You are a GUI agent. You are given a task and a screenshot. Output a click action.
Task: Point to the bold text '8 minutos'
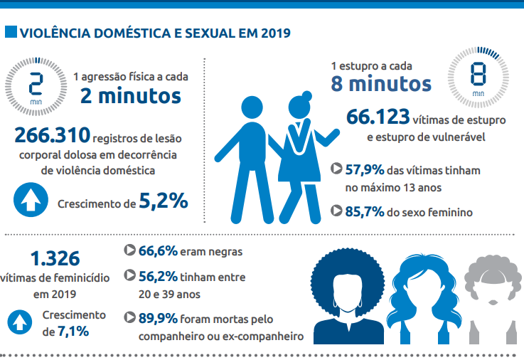pos(381,83)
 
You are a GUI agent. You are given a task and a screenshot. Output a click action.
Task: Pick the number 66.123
pos(378,117)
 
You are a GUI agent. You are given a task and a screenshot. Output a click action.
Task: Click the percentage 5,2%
pos(164,202)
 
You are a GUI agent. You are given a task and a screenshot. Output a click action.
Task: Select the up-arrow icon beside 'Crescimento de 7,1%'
pos(21,323)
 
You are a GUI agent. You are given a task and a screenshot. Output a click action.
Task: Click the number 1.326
pos(55,258)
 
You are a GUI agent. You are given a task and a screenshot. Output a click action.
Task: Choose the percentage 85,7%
pos(365,211)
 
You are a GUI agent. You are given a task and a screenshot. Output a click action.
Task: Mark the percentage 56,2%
pos(157,275)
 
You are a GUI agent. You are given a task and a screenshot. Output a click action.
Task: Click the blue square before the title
pos(11,33)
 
